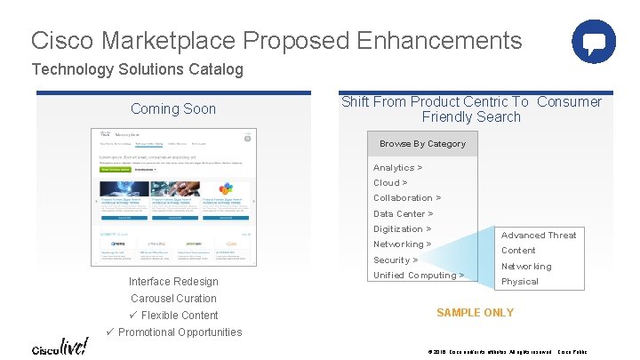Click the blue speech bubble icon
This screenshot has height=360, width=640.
594,41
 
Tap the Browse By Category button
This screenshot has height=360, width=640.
422,144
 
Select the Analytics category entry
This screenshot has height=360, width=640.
397,168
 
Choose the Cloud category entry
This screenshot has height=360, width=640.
390,183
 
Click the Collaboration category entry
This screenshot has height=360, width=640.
407,198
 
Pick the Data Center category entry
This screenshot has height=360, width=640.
404,214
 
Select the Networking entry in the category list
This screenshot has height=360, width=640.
403,244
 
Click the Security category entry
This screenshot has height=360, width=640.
396,260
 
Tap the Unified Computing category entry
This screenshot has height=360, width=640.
419,276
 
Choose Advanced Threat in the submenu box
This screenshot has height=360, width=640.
539,236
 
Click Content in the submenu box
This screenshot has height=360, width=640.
518,251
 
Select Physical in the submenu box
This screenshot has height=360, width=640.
520,282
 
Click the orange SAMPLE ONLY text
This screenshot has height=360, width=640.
475,313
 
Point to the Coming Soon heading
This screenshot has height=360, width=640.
173,109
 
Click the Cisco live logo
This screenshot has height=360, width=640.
60,347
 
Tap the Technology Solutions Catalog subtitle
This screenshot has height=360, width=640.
137,69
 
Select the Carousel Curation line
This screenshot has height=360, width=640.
173,299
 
